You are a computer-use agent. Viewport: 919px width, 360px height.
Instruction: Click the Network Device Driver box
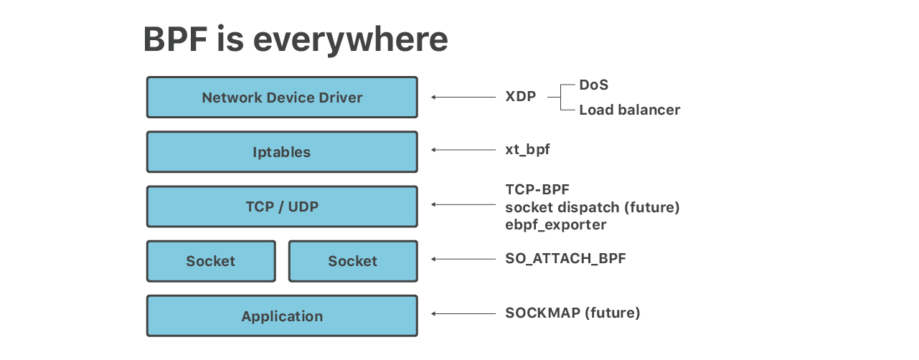coord(282,98)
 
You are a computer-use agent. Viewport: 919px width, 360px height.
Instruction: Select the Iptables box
coord(282,152)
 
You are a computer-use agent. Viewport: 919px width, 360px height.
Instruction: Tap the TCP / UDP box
coord(282,207)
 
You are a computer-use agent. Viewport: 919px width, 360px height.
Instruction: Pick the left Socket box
coord(211,261)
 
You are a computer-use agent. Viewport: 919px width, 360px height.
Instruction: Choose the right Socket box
coord(352,261)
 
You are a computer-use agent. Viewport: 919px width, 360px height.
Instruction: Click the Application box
coord(282,316)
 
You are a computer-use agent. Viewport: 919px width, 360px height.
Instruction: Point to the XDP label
coord(520,97)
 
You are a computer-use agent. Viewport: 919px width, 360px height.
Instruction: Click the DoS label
coord(593,85)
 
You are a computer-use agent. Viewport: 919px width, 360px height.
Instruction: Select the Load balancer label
coord(629,110)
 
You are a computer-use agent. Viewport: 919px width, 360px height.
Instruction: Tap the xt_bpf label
coord(527,150)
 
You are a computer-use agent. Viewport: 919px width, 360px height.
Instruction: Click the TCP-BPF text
coord(537,190)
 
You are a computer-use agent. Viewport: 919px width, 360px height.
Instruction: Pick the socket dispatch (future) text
coord(592,207)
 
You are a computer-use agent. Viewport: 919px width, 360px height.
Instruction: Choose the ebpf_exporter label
coord(555,224)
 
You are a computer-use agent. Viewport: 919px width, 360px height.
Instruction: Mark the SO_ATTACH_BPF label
coord(565,258)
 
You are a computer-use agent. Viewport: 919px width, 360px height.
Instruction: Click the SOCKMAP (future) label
coord(572,313)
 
